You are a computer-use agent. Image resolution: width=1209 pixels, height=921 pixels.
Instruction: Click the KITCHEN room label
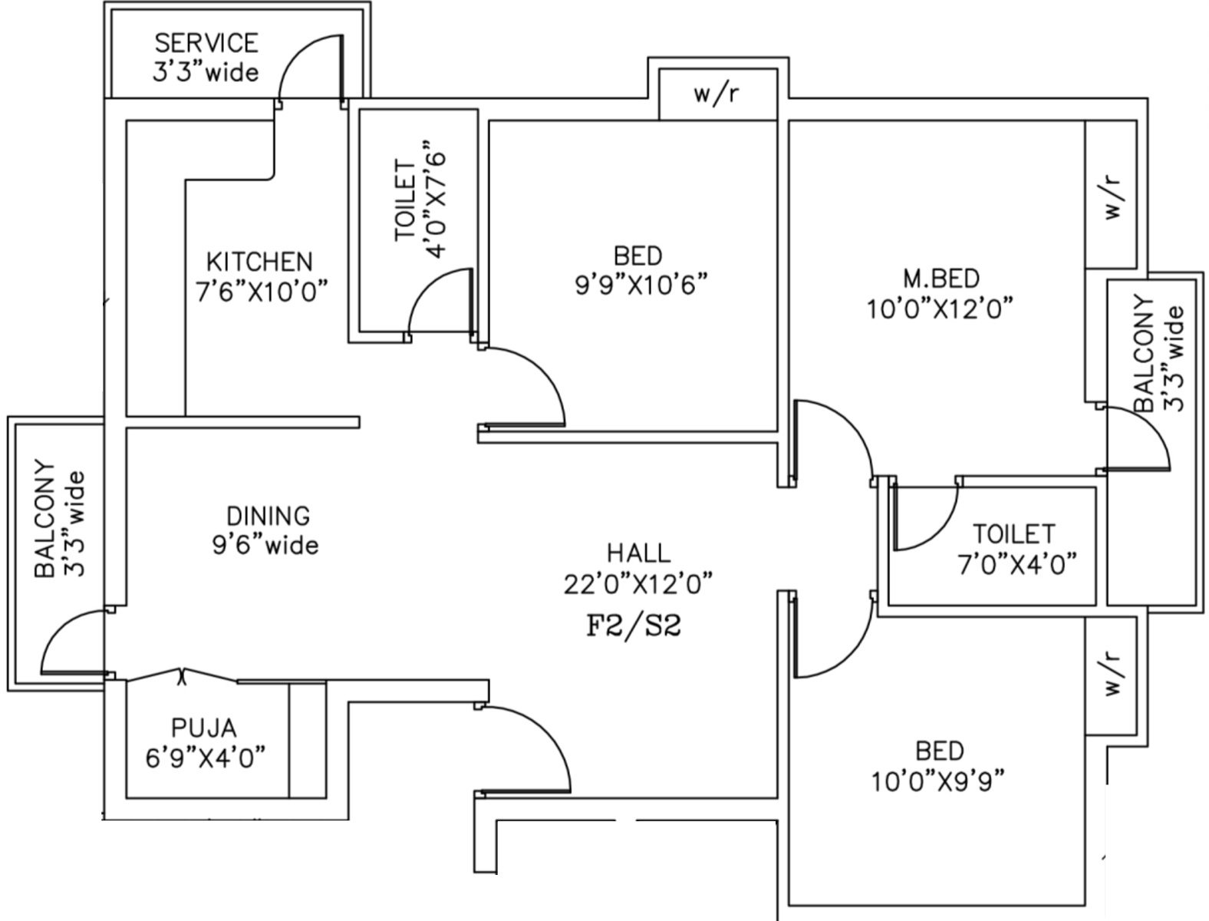(x=259, y=262)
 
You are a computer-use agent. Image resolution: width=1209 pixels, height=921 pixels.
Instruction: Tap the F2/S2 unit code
(x=634, y=626)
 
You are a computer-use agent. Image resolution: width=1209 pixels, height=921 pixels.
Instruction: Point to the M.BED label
(x=941, y=278)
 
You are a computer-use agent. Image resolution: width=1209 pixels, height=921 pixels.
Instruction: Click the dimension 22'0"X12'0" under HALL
(x=638, y=584)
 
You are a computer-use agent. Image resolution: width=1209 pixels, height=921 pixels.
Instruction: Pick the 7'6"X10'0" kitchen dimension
(x=262, y=292)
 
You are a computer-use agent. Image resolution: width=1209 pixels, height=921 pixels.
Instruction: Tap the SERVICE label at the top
(x=206, y=42)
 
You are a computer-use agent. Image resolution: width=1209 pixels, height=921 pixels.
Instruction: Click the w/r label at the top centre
(x=717, y=94)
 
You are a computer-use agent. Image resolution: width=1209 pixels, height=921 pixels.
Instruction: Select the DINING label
(x=268, y=515)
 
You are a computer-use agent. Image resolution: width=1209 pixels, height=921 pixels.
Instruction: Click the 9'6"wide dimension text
(x=265, y=545)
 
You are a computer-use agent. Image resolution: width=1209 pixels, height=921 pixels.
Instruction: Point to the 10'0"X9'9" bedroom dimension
(x=938, y=781)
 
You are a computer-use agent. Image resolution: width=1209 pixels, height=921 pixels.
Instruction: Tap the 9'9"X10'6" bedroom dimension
(x=641, y=285)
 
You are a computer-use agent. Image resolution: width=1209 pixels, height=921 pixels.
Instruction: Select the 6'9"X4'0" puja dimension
(x=206, y=758)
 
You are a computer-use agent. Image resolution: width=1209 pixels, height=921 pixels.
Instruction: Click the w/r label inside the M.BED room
(x=1112, y=197)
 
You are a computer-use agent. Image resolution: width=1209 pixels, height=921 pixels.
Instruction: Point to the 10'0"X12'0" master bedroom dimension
(x=940, y=309)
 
